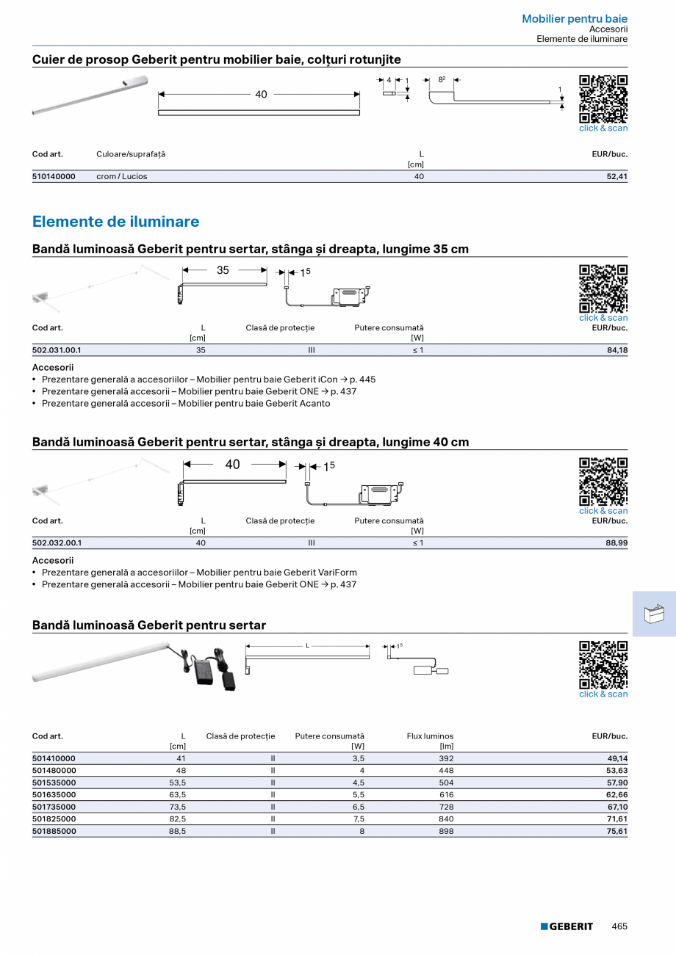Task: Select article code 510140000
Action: coord(54,177)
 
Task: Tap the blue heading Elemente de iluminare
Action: coord(115,222)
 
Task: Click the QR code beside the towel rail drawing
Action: coord(603,98)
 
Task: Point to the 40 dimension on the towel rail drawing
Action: coord(261,95)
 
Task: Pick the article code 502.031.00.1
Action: coord(57,351)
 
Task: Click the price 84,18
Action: coord(616,351)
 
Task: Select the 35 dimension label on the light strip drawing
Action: coord(223,271)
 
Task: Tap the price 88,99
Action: coord(616,543)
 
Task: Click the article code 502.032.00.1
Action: coord(57,543)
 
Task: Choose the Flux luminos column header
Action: coord(430,736)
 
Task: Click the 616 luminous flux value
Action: coord(446,795)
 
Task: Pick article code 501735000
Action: coord(54,807)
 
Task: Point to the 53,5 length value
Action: coord(177,783)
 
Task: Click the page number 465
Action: coord(619,926)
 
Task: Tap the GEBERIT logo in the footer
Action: coord(567,926)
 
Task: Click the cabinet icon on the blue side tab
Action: coord(654,614)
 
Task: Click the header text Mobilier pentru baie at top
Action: coord(575,19)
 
